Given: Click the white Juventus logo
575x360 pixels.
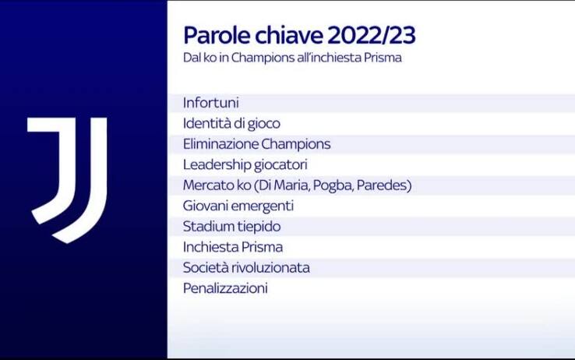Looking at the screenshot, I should (67, 178).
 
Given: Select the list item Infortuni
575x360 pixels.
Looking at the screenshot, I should (210, 103).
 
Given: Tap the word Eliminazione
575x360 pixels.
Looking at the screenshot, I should (220, 144).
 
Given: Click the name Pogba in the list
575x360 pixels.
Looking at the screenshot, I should (331, 185).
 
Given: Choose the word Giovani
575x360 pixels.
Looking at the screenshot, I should (205, 206).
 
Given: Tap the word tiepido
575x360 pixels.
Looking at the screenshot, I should (259, 227).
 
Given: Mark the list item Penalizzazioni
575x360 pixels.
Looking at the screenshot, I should (225, 288).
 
